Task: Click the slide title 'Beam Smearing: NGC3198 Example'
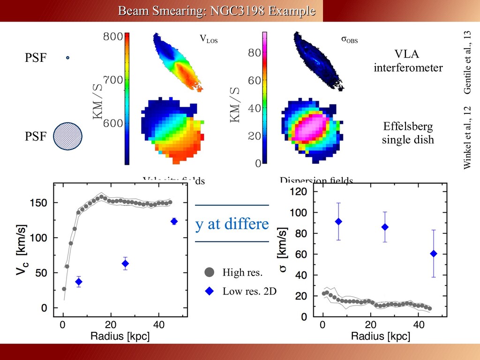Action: pos(216,10)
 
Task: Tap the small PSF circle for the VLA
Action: pos(67,58)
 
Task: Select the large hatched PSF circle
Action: pos(67,136)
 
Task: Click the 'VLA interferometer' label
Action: pos(408,61)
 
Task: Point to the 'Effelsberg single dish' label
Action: pos(407,133)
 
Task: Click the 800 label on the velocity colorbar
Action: pos(113,37)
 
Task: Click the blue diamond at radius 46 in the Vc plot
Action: pos(174,221)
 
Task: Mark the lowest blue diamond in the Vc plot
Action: pos(79,282)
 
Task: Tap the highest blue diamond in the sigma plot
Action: pos(338,221)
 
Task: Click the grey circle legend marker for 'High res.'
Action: pos(209,272)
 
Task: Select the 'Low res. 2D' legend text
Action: pos(249,292)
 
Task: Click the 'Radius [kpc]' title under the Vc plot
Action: pos(120,336)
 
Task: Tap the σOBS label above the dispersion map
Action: pos(349,40)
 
